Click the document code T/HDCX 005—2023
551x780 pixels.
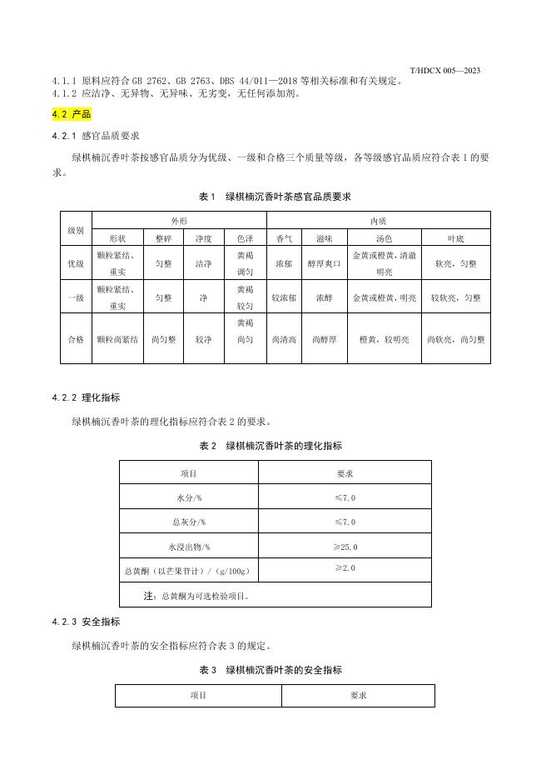444,71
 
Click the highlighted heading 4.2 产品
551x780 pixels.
71,114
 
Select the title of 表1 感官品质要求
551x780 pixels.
275,197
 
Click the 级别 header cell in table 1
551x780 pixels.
76,228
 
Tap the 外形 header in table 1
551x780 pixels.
179,222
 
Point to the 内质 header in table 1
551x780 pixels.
378,222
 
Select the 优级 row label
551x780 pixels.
76,263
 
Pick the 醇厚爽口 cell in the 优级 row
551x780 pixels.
325,263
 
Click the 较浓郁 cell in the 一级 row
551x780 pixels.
284,297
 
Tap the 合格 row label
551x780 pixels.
76,339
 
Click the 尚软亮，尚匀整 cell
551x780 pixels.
455,339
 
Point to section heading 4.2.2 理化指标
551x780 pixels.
86,397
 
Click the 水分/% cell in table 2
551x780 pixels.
189,497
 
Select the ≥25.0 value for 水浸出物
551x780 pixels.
345,547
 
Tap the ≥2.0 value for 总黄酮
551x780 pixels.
345,567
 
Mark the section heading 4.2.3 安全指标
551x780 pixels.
86,622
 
